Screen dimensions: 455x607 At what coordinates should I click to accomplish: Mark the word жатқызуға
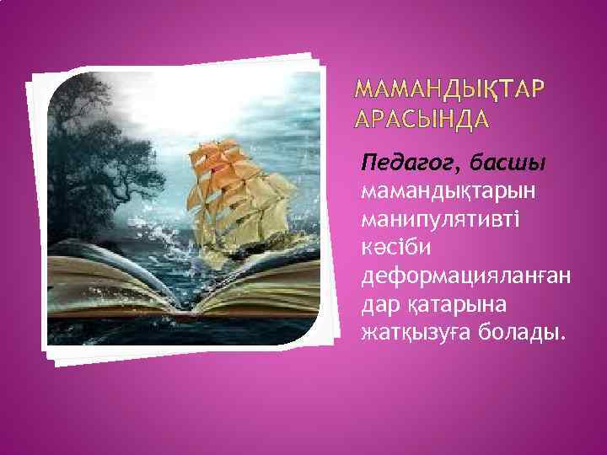411,335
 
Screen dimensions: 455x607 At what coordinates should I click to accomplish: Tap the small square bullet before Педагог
354,160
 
